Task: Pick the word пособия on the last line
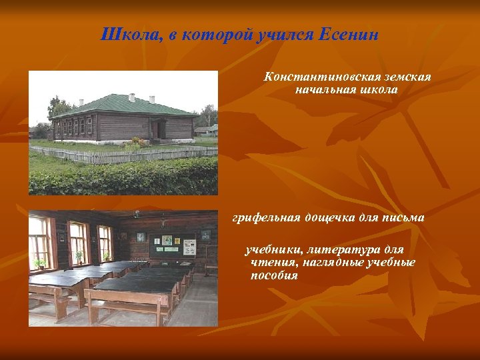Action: click(x=273, y=275)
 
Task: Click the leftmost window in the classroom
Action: click(x=39, y=242)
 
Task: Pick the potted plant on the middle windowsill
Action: click(x=79, y=256)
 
